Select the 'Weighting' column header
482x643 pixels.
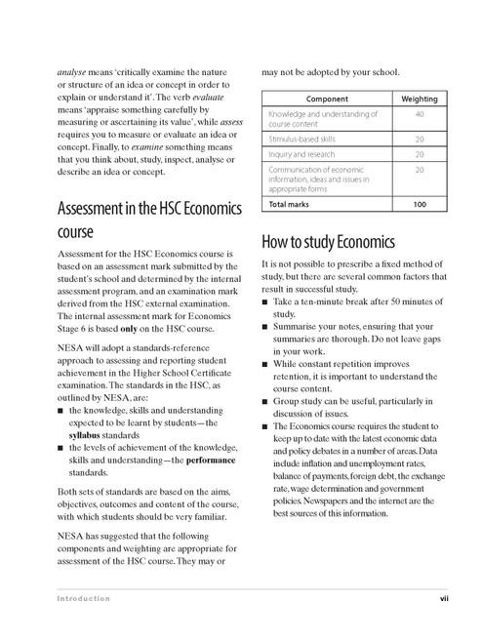[420, 100]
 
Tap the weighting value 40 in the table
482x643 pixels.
[420, 115]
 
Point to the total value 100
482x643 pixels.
[420, 205]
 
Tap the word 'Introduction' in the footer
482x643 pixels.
[83, 598]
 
